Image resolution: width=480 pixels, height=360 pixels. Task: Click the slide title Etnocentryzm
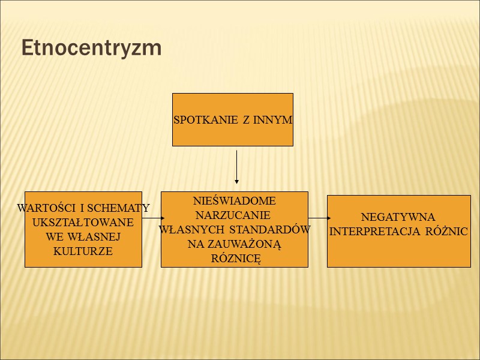(91, 48)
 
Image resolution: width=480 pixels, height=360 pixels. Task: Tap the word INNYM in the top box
(273, 120)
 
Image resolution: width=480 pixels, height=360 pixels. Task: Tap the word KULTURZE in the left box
(83, 251)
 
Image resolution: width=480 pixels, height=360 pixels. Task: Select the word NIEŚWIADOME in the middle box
(235, 201)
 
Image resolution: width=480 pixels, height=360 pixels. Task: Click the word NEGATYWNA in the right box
(398, 217)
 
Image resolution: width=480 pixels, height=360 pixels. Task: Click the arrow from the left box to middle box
(152, 218)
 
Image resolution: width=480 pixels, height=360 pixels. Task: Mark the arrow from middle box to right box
(319, 218)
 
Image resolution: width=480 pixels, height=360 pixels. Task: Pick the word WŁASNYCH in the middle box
(193, 230)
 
